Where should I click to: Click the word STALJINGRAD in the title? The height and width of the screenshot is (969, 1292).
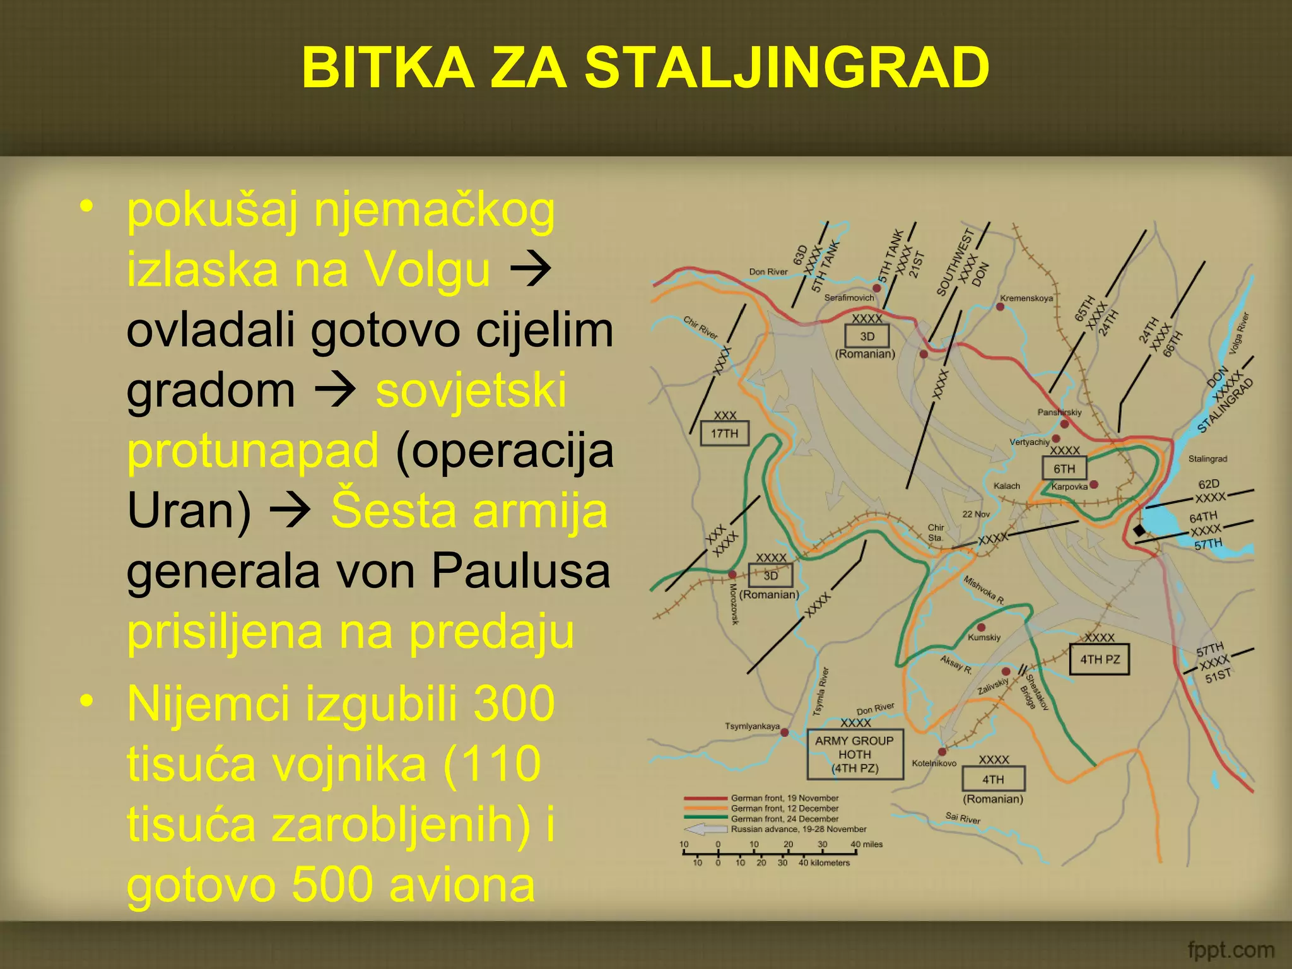pos(787,68)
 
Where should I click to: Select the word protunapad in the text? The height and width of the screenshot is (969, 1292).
pos(252,450)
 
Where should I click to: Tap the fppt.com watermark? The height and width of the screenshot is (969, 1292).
pos(1230,949)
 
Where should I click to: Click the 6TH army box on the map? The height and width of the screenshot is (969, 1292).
pos(1064,469)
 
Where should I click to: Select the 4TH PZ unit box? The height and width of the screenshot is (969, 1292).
pos(1100,659)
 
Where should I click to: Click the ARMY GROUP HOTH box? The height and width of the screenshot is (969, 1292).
pos(855,754)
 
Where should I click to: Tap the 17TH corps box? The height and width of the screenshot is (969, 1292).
pos(724,433)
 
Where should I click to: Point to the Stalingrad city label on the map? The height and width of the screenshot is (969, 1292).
pos(1207,459)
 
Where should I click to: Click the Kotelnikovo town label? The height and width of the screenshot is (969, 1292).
pos(934,763)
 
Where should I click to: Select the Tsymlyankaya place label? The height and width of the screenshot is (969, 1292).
pos(752,726)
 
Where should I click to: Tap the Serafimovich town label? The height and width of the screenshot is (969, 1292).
pos(849,297)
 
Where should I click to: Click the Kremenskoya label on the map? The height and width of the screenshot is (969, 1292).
pos(1026,298)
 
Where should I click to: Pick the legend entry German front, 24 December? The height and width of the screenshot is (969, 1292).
pos(784,819)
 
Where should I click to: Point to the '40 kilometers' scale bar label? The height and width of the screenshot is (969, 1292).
pos(824,862)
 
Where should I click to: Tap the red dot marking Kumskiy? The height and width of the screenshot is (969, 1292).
pos(981,627)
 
